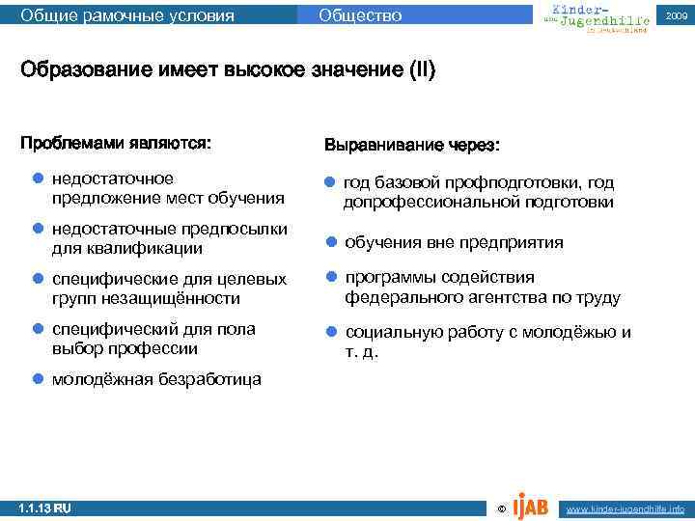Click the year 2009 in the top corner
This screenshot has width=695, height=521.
(676, 16)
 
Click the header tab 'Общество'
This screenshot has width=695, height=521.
(360, 15)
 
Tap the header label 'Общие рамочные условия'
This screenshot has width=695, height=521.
(127, 15)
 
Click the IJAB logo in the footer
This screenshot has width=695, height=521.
(532, 506)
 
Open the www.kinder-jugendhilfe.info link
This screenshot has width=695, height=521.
(625, 508)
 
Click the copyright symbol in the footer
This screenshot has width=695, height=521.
(499, 508)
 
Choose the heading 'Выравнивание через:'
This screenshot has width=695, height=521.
(412, 145)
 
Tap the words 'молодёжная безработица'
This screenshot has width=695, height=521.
(155, 379)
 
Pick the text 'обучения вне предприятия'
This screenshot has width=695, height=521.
(454, 242)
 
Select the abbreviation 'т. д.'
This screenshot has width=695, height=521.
(362, 352)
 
